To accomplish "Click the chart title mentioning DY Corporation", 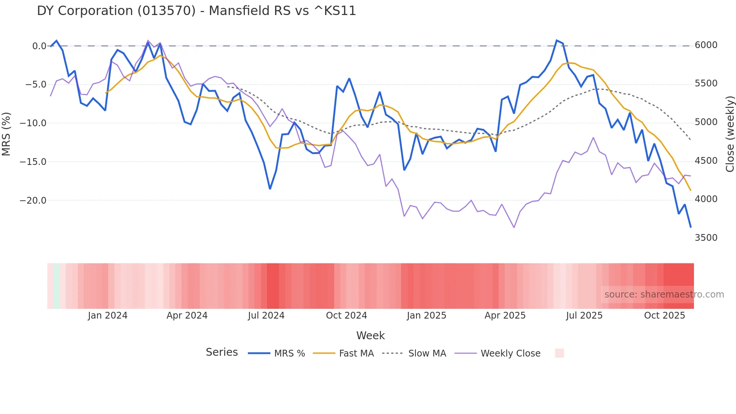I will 196,11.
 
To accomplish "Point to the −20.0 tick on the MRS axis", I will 33,201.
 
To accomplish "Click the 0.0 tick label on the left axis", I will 39,46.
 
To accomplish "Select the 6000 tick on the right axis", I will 706,45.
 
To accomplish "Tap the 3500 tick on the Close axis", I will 706,238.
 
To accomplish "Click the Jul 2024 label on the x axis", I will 266,316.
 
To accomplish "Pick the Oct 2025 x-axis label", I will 664,316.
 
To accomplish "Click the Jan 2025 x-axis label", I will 426,316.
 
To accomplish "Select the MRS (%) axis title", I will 6,134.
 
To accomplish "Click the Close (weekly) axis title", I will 730,134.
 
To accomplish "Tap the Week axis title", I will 370,335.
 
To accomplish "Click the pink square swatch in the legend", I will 560,353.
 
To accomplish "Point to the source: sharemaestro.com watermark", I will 664,295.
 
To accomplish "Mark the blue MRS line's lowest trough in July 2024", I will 270,189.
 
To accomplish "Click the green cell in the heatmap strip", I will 56,286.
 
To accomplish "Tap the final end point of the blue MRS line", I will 691,227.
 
